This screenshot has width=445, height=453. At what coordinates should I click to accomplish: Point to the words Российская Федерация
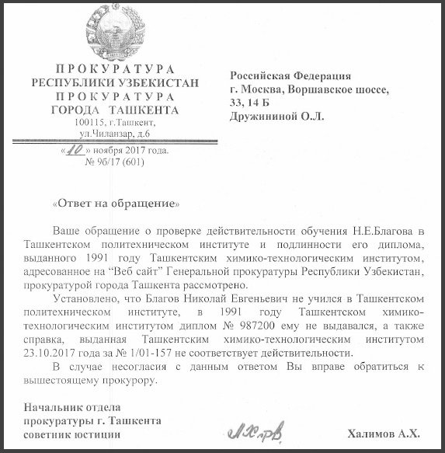pos(291,75)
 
